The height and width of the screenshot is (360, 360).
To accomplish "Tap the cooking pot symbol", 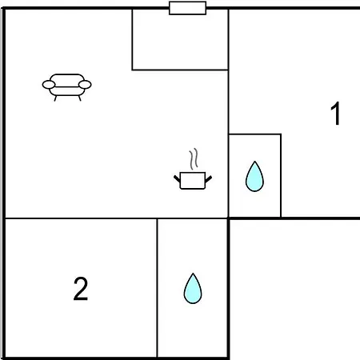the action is pos(193,169).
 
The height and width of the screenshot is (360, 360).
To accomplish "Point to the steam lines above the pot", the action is pos(194,159).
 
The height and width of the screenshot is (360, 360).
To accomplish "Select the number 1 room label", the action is pos(335,114).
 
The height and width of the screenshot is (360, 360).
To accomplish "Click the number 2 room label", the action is pos(81,289).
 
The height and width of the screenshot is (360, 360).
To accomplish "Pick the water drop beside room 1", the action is pos(254,176).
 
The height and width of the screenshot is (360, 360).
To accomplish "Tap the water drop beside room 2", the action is pos(193,288).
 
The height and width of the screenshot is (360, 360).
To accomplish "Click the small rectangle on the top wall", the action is pos(187,8).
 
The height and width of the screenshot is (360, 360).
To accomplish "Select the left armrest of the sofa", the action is pos(49,85).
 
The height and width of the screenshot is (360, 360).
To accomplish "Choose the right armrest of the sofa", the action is pos(85,85).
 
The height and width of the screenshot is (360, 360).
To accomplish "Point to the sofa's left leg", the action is pos(55,98).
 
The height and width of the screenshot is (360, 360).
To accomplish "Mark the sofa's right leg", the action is pos(79,98).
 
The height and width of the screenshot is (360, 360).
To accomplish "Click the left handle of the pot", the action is pos(177,178).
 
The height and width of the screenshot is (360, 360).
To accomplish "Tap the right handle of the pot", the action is pos(209,179).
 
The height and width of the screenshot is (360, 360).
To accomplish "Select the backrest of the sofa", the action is pos(67,80).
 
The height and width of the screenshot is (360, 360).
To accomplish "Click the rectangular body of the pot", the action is pos(193,181).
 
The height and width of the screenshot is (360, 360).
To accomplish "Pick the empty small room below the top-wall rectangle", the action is pos(180,39).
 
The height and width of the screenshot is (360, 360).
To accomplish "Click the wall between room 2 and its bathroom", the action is pos(157,288).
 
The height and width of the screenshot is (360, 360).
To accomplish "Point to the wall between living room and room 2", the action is pos(81,218).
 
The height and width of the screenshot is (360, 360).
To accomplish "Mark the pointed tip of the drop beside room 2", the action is pos(193,274).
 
